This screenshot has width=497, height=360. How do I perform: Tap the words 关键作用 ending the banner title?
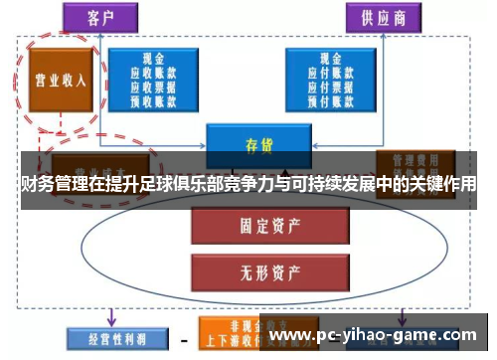[x=443, y=184]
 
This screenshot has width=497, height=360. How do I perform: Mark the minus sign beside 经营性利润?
[x=184, y=339]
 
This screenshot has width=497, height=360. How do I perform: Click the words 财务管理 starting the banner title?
[x=50, y=184]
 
